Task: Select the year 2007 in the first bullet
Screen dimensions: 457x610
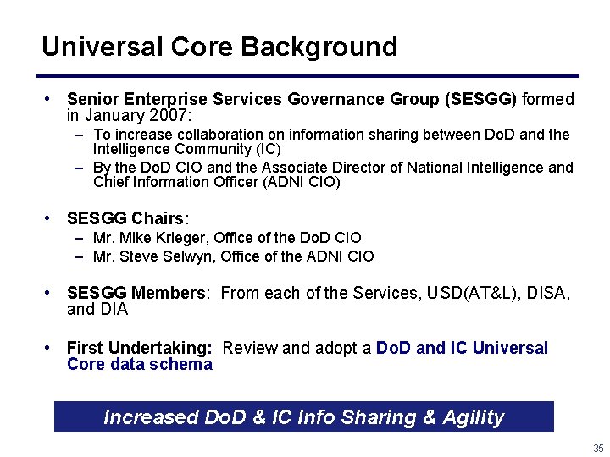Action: [x=170, y=114]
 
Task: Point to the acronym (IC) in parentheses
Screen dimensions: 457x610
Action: [x=269, y=148]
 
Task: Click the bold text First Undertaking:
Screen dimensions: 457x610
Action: [x=140, y=349]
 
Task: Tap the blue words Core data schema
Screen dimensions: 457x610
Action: [x=139, y=365]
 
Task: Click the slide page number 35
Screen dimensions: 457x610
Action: [x=599, y=448]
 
